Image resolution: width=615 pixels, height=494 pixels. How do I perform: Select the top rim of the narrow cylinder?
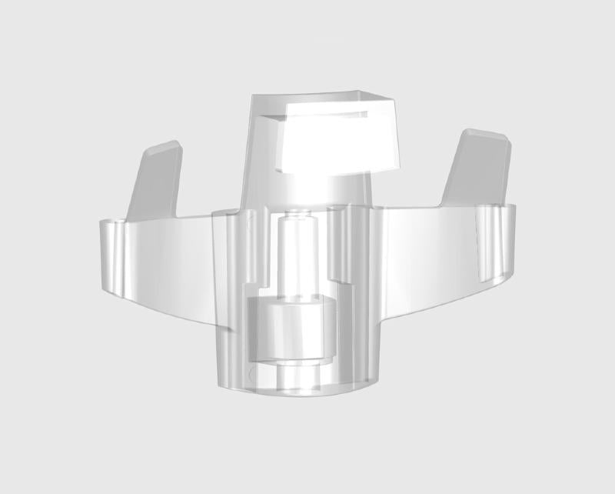(x=295, y=216)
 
